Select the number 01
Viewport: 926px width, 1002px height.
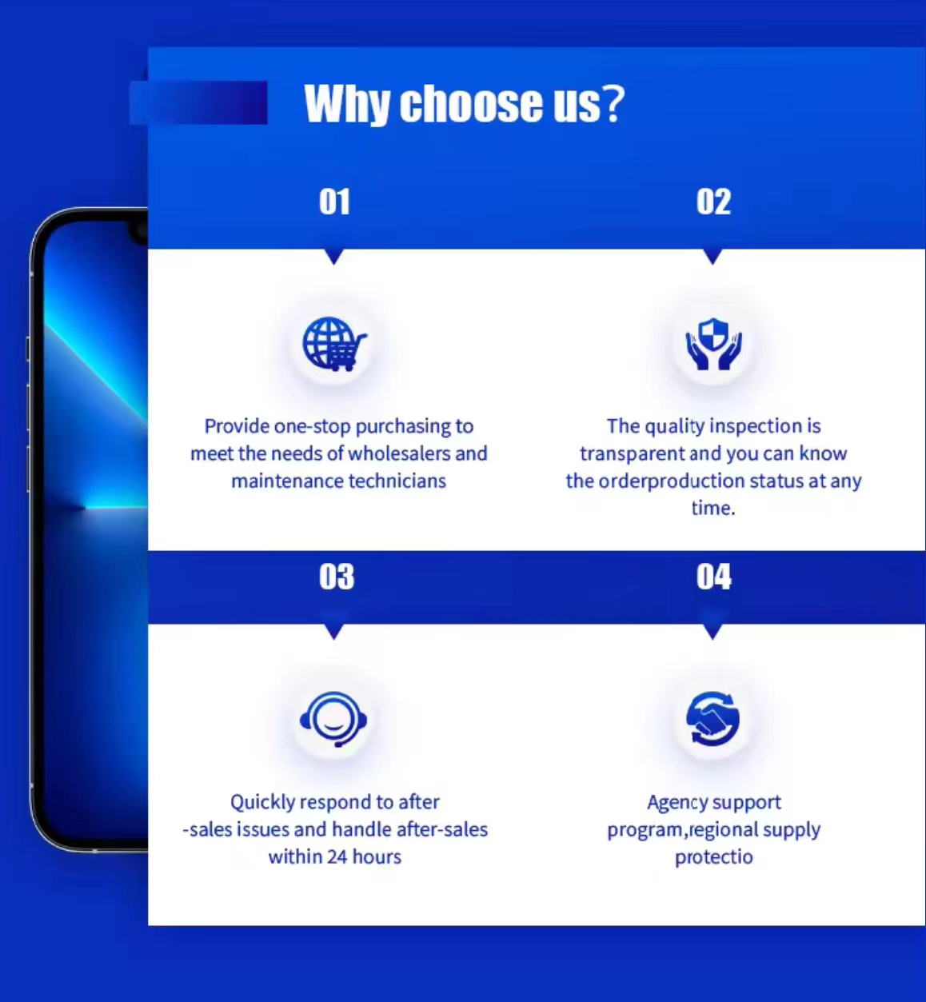click(334, 202)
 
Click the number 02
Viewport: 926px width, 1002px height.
click(713, 202)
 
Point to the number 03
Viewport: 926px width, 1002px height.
click(337, 577)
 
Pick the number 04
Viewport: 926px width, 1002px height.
click(714, 577)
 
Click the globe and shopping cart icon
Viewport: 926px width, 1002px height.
click(334, 344)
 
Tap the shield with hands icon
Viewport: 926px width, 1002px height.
click(713, 344)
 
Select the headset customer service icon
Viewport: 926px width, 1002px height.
click(333, 719)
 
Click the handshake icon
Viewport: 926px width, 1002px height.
click(713, 718)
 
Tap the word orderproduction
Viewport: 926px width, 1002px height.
click(672, 481)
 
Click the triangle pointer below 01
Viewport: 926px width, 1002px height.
click(334, 257)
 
